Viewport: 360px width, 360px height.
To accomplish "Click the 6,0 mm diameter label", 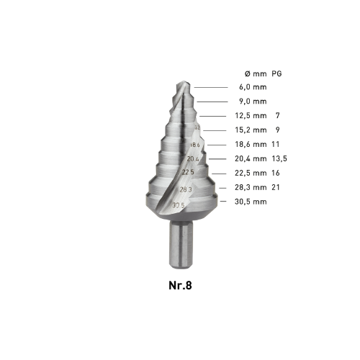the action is click(253, 87).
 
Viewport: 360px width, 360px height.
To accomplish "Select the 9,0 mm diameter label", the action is click(253, 102).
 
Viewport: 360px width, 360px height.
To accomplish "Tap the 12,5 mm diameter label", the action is click(251, 116).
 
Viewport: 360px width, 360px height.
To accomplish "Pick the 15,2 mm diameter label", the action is click(251, 130).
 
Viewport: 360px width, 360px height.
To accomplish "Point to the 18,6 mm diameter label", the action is click(251, 145).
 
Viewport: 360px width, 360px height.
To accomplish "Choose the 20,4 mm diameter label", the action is click(251, 158).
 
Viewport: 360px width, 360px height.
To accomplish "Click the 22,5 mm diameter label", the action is click(251, 173).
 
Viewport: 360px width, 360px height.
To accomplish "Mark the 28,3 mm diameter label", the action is click(251, 187).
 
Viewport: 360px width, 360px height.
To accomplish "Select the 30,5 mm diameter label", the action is click(251, 202).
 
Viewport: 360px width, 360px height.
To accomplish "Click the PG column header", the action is click(276, 73).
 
